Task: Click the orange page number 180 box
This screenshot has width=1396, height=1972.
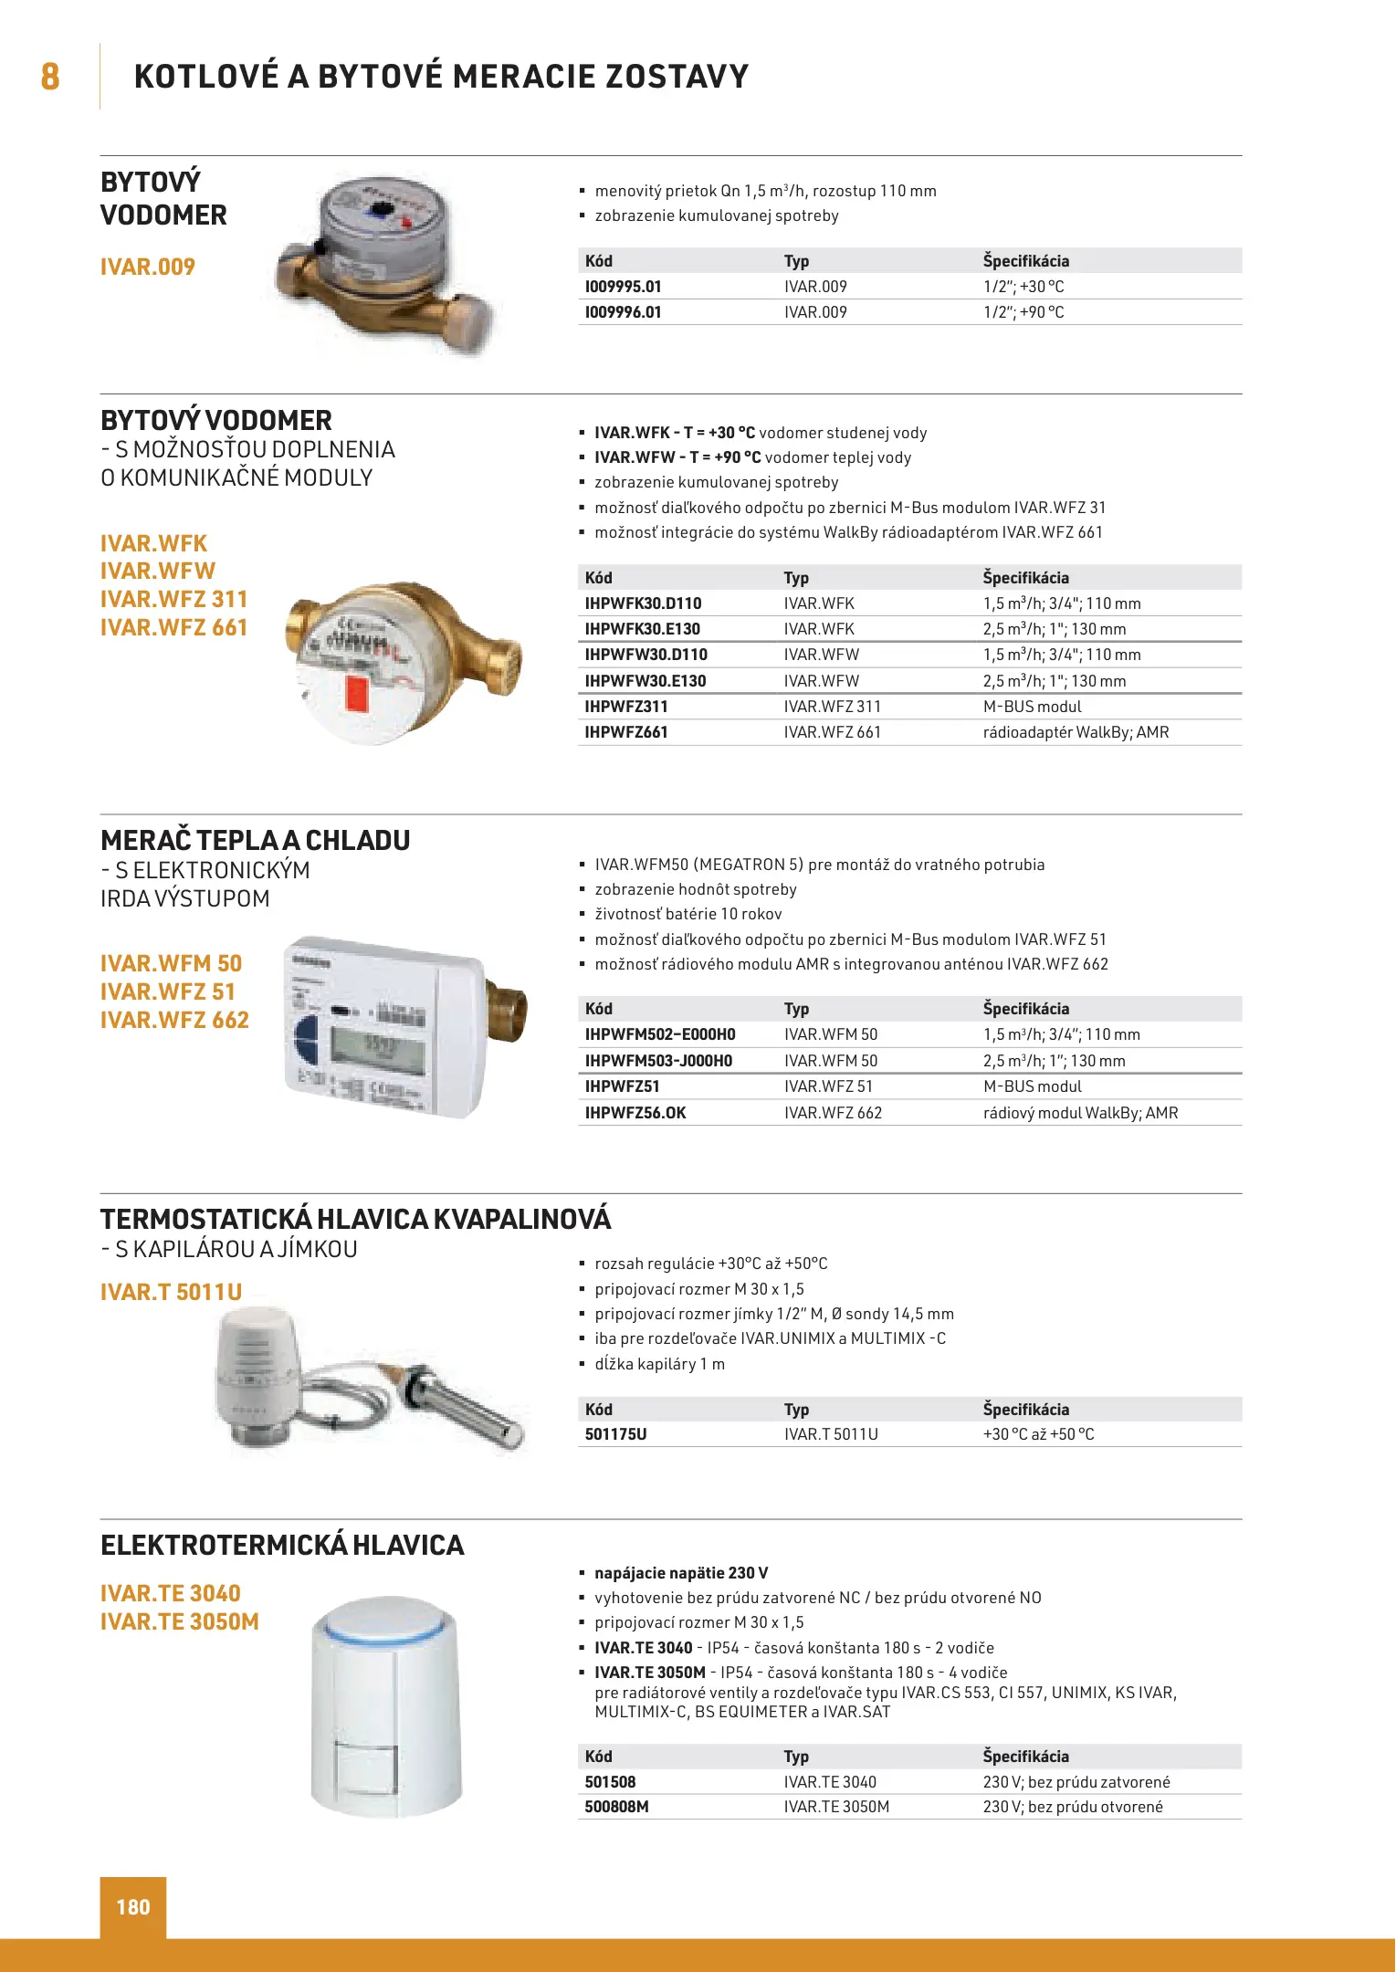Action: coord(133,1906)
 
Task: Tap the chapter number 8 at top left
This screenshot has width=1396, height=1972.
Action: coord(50,77)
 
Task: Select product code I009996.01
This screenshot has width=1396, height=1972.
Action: coord(623,312)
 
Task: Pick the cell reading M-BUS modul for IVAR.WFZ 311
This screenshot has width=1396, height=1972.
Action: coord(1032,707)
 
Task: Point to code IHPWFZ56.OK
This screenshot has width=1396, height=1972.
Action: coord(635,1113)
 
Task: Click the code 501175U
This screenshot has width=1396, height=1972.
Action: coord(615,1434)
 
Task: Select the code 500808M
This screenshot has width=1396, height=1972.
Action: coord(616,1807)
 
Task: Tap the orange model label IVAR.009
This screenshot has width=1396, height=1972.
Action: coord(148,267)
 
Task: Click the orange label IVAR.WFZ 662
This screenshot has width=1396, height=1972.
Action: coord(174,1020)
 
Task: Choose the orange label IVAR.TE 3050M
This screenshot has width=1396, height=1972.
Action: coord(180,1621)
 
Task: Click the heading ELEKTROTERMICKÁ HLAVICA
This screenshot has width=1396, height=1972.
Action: coord(282,1545)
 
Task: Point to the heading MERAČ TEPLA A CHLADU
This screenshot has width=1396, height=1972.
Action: coord(256,840)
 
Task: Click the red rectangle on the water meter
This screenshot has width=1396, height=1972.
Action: coord(356,697)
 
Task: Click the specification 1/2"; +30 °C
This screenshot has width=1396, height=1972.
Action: coord(1023,287)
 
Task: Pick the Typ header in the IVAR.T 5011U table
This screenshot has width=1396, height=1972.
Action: coord(796,1410)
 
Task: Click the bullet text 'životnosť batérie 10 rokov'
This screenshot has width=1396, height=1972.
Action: coord(688,914)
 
